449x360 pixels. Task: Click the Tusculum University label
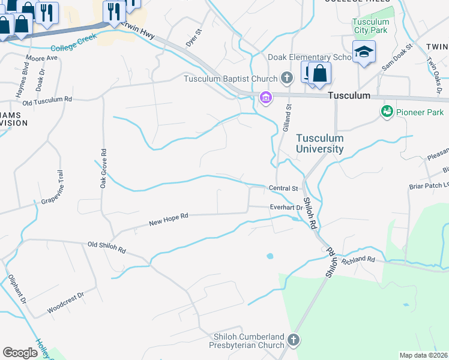[x=320, y=143]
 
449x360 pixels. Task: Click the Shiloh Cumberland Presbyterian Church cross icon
[x=294, y=340]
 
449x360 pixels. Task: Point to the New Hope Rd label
[x=169, y=220]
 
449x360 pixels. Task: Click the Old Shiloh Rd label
[x=107, y=247]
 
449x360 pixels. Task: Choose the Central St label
[x=283, y=188]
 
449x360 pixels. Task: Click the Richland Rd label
[x=358, y=260]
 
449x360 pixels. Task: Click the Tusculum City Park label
[x=370, y=26]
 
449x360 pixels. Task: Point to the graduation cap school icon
[x=364, y=52]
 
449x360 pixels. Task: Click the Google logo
[x=20, y=353]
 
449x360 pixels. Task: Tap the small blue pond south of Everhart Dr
[x=270, y=256]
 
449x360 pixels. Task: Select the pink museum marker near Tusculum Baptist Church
[x=265, y=97]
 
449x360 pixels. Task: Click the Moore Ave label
[x=41, y=59]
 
